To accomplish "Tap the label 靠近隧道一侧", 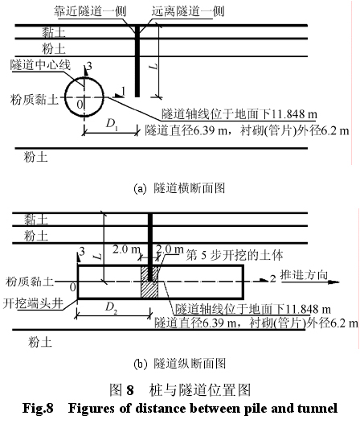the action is (90, 11).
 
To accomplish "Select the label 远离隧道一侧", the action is (188, 11).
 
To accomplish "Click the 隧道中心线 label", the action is (40, 64).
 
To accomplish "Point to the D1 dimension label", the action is (112, 124).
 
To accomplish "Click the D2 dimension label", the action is (111, 308).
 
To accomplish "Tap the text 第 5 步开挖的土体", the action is (235, 255).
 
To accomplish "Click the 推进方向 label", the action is (304, 275).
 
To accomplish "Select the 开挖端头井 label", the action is (33, 303).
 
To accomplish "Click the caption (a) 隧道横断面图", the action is (179, 188).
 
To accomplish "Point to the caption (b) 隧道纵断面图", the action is (179, 364).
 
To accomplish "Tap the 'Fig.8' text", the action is (38, 409).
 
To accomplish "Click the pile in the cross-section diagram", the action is (137, 61).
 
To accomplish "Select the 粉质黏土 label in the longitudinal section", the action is (30, 281).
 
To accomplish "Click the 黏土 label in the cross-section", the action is (54, 32).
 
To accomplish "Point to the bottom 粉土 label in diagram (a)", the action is (35, 157).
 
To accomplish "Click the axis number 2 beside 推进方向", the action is (272, 278).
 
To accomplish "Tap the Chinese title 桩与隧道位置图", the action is (200, 389).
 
